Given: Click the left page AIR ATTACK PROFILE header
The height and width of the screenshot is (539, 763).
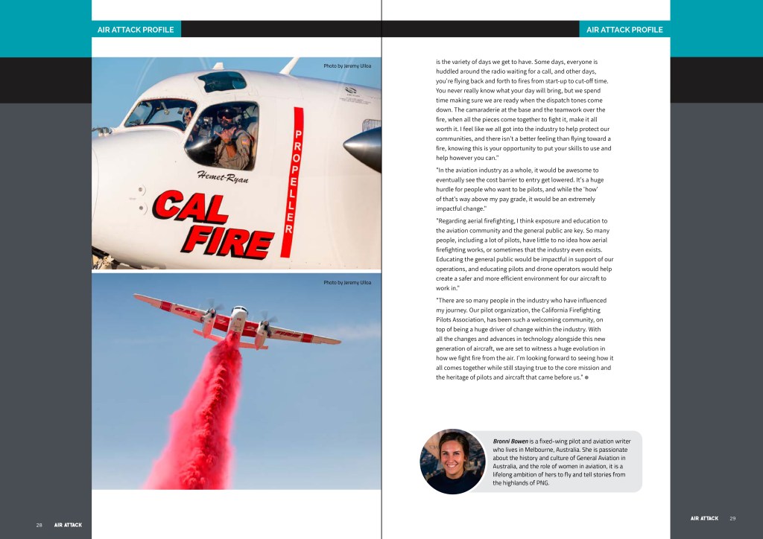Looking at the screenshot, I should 136,30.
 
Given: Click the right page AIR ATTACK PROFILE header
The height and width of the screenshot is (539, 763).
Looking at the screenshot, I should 624,30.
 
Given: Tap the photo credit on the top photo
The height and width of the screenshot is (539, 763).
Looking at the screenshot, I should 346,66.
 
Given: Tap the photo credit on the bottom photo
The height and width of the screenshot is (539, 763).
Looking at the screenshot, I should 346,283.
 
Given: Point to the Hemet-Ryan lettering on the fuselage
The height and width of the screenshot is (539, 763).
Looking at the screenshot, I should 223,176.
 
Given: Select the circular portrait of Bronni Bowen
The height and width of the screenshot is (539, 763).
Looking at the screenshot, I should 452,461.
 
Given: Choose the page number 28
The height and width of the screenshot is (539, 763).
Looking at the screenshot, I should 39,525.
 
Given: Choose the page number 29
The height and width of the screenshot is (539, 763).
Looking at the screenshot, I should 732,518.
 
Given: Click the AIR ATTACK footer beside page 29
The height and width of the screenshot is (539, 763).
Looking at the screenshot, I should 704,518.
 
